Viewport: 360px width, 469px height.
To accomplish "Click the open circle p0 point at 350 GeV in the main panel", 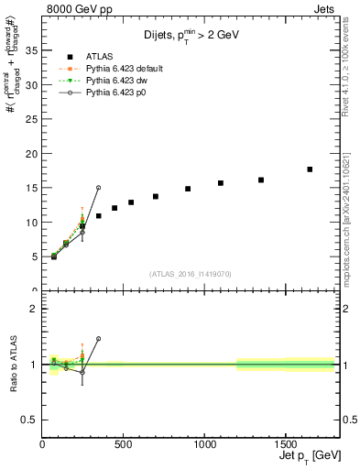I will pyautogui.click(x=98, y=188).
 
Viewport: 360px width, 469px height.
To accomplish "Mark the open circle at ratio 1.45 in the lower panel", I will pyautogui.click(x=98, y=339).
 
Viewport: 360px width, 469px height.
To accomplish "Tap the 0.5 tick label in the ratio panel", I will pyautogui.click(x=28, y=420).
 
